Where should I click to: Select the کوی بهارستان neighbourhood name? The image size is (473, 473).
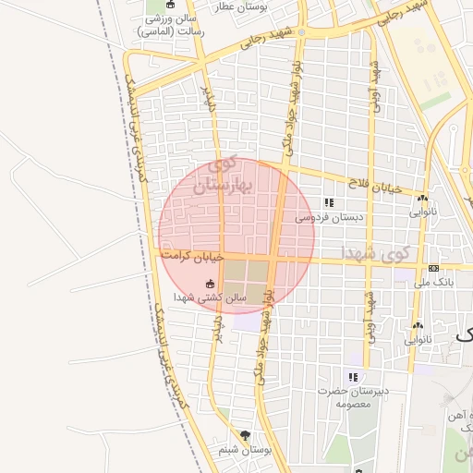click(220, 177)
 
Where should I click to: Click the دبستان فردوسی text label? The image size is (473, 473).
click(329, 218)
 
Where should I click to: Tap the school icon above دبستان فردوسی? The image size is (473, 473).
click(329, 203)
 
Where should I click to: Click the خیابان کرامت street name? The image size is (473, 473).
click(193, 253)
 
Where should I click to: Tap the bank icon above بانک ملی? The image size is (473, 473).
click(433, 268)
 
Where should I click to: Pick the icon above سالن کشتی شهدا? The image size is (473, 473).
click(210, 285)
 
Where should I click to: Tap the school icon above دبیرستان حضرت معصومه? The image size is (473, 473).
click(352, 377)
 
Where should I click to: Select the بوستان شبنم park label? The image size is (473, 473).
click(244, 450)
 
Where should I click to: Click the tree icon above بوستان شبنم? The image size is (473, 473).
click(245, 434)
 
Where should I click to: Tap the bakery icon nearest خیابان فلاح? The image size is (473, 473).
click(422, 198)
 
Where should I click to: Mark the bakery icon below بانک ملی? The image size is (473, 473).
click(418, 325)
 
